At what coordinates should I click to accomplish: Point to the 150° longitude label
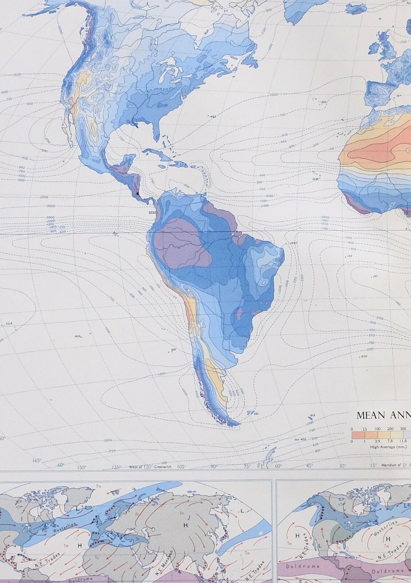pyautogui.click(x=82, y=468)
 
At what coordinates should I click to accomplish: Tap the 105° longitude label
pyautogui.click(x=181, y=467)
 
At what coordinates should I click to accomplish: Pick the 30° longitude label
pyautogui.click(x=342, y=466)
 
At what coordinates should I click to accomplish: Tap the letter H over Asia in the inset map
pyautogui.click(x=185, y=526)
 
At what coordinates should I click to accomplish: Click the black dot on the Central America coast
pyautogui.click(x=138, y=193)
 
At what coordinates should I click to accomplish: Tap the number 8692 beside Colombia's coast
pyautogui.click(x=152, y=212)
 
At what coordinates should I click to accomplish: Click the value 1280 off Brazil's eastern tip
pyautogui.click(x=292, y=242)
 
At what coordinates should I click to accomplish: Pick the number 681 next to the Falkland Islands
pyautogui.click(x=257, y=413)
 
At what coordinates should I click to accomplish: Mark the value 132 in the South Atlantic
pyautogui.click(x=349, y=256)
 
